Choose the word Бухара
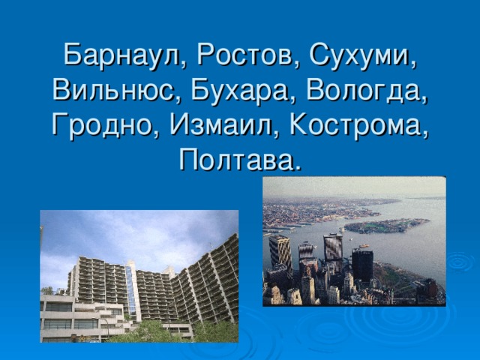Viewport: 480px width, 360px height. [x=240, y=91]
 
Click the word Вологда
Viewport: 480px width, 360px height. [x=363, y=91]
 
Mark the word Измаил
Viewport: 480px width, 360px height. [x=220, y=125]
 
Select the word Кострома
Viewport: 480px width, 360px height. [x=355, y=126]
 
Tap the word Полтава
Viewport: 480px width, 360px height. [x=235, y=160]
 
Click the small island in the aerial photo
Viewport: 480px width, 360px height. [x=386, y=226]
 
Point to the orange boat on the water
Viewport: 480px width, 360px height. [x=364, y=245]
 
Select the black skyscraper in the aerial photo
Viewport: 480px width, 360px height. [x=362, y=265]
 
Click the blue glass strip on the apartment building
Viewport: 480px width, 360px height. [x=130, y=289]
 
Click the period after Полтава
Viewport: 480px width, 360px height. [x=295, y=168]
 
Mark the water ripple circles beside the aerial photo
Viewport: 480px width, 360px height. [x=460, y=262]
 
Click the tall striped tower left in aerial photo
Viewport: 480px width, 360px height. [x=280, y=251]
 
